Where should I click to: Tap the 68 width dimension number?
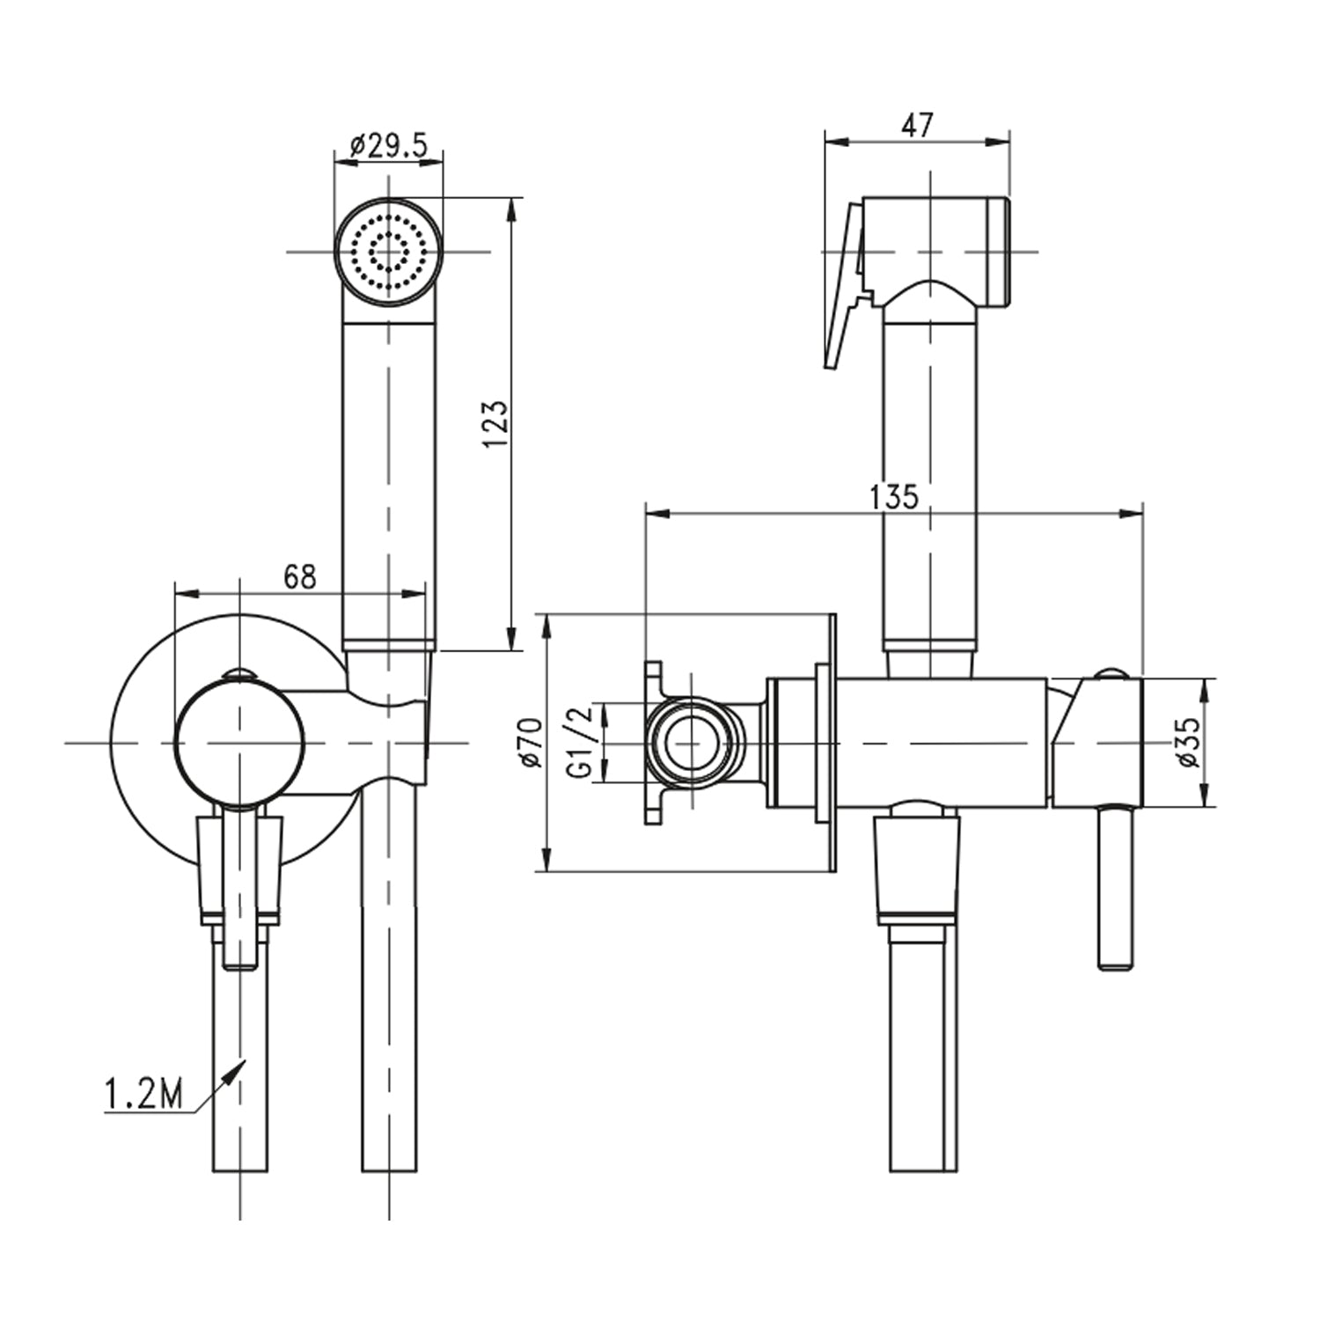[x=299, y=577]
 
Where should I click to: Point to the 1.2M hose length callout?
[x=143, y=1095]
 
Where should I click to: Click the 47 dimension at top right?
[x=917, y=126]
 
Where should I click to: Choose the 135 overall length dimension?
[x=893, y=497]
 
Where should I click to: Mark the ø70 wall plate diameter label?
[x=531, y=742]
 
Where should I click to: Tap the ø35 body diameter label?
[x=1189, y=742]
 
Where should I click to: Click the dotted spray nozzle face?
[x=388, y=252]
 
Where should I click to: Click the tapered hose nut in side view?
[x=916, y=867]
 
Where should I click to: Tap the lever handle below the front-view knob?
[x=239, y=889]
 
